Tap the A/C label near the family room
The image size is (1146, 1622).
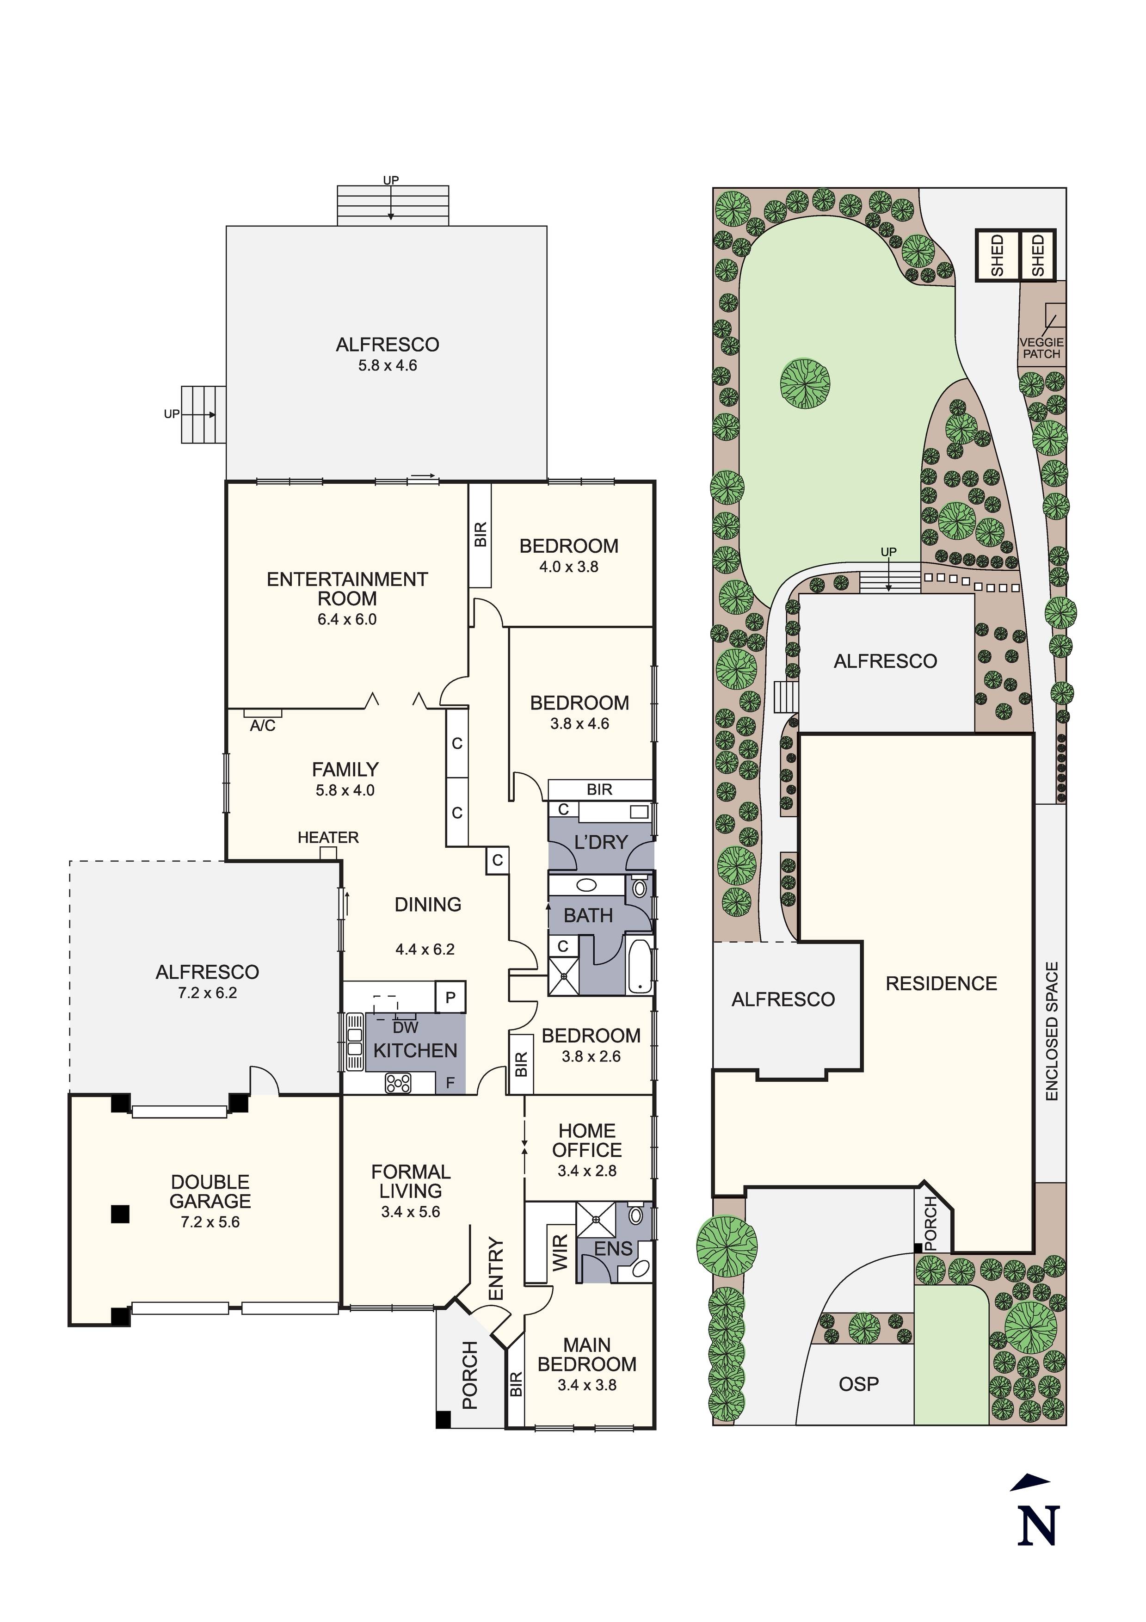(x=262, y=726)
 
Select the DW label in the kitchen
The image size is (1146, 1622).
(x=406, y=1028)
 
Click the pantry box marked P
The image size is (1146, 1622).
(x=450, y=998)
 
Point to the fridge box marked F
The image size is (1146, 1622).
(x=450, y=1083)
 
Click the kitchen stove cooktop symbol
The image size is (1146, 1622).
(x=398, y=1083)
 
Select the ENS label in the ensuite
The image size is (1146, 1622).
(x=613, y=1249)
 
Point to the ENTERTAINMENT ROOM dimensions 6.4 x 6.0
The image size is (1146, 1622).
(x=346, y=620)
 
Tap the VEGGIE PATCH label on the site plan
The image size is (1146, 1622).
(x=1041, y=348)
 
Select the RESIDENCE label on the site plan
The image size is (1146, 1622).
(x=941, y=983)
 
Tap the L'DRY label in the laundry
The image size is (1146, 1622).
(x=601, y=842)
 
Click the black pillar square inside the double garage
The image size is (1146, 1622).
(x=121, y=1214)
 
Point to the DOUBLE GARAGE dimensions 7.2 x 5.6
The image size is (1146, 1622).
(x=210, y=1222)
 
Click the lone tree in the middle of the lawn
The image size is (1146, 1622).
(x=805, y=383)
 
